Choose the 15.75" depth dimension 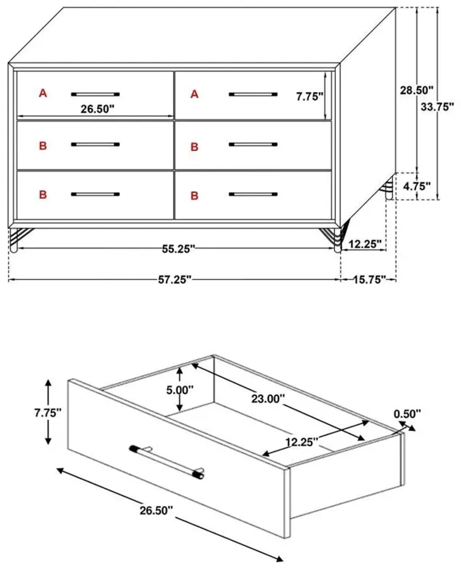pyautogui.click(x=369, y=280)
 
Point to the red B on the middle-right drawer pyautogui.click(x=194, y=147)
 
